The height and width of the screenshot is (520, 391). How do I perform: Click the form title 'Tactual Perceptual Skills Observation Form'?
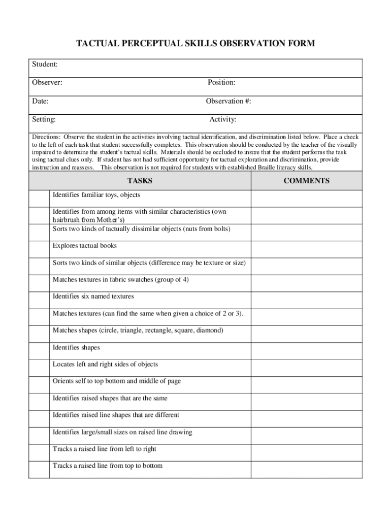[195, 44]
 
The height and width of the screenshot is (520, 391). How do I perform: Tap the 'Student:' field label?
[45, 64]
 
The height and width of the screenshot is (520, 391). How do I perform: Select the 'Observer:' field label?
[47, 82]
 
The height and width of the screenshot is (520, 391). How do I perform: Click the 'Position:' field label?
[221, 82]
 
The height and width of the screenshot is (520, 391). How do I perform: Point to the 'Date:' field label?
[41, 101]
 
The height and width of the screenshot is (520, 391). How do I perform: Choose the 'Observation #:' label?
[229, 101]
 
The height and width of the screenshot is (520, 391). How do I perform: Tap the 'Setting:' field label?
[44, 120]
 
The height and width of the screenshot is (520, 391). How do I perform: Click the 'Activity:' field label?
[222, 120]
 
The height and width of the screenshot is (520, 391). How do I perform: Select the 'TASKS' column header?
[140, 181]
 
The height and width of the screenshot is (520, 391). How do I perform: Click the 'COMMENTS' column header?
[306, 181]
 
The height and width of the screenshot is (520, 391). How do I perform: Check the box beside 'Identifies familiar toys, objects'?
[39, 198]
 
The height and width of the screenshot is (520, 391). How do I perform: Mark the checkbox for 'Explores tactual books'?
[39, 249]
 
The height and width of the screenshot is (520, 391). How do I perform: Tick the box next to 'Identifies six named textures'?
[39, 300]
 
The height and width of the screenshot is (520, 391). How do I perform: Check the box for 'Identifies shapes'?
[39, 351]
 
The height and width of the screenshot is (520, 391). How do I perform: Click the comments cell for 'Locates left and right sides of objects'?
[307, 368]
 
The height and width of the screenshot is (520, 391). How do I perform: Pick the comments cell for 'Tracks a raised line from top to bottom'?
[307, 469]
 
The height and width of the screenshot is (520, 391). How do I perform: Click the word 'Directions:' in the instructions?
[47, 137]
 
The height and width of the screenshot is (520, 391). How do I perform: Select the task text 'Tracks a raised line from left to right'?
[105, 449]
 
